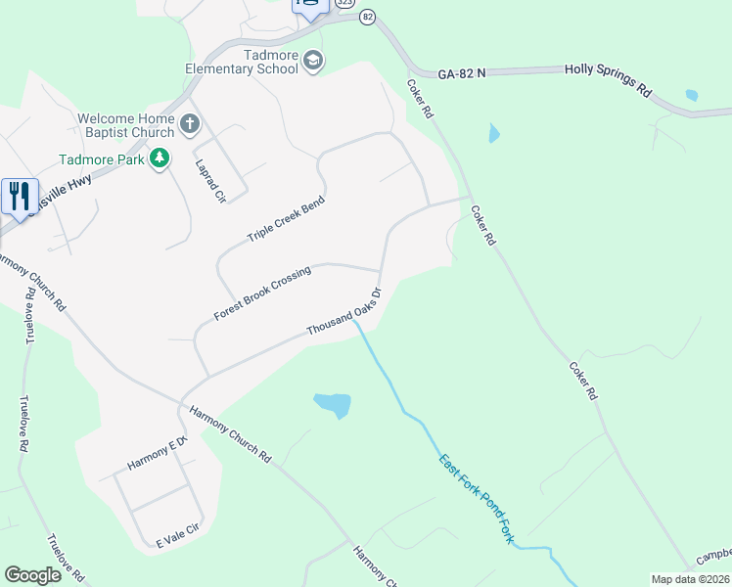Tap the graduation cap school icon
click(x=313, y=62)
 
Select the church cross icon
click(x=189, y=124)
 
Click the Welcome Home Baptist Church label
click(x=126, y=125)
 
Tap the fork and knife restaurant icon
click(x=19, y=197)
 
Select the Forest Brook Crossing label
click(x=261, y=293)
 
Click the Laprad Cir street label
click(x=210, y=181)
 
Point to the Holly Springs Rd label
click(x=608, y=81)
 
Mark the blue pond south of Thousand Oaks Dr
click(x=333, y=403)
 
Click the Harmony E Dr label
click(x=157, y=454)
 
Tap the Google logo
click(x=32, y=575)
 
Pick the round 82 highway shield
click(x=367, y=17)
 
